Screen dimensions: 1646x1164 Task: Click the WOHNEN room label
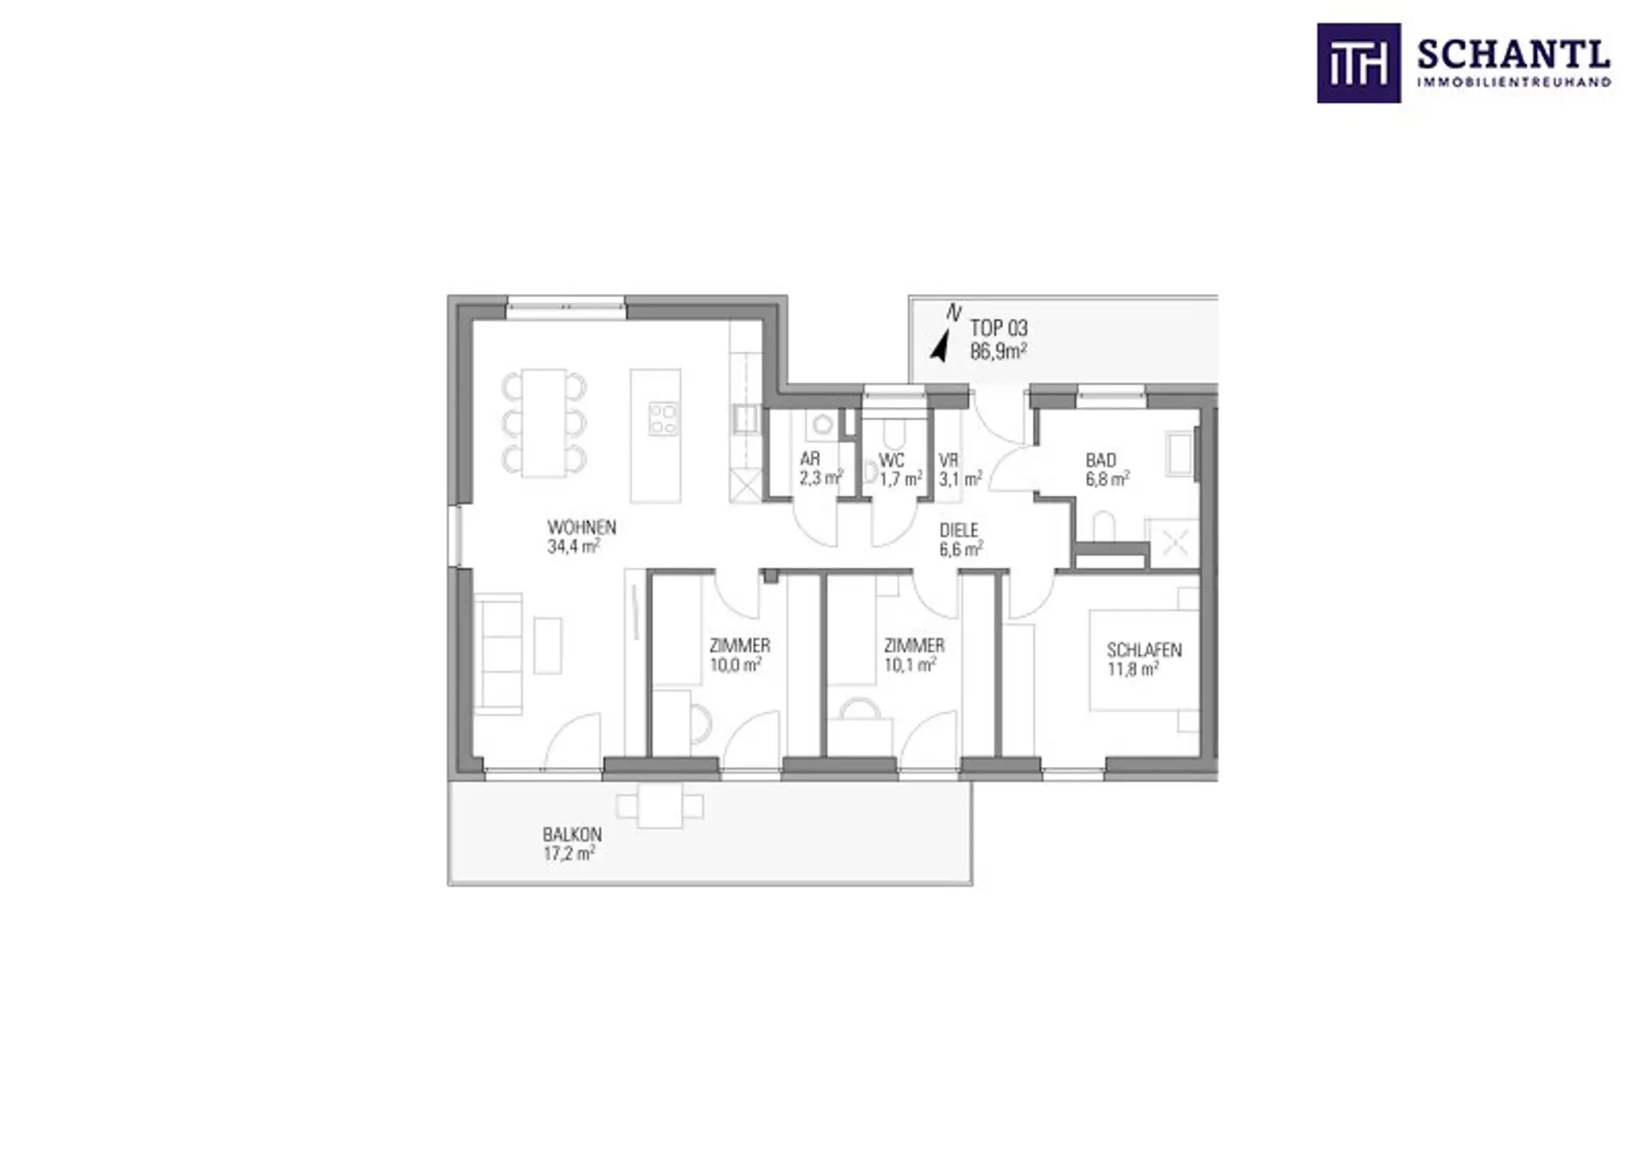(x=582, y=527)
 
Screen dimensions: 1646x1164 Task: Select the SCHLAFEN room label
(x=1144, y=651)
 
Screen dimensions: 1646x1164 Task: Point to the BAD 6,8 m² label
(x=1107, y=470)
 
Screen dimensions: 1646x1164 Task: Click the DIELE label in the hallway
(x=958, y=531)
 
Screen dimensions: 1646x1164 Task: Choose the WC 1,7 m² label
(x=900, y=470)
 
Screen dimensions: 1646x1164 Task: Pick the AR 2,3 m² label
(x=821, y=469)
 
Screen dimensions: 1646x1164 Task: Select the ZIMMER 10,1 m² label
(x=914, y=655)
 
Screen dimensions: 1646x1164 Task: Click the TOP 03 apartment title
(x=999, y=328)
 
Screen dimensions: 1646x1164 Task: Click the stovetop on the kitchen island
(x=664, y=419)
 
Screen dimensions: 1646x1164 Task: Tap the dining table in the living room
(x=544, y=423)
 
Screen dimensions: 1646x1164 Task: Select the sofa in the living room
(x=498, y=654)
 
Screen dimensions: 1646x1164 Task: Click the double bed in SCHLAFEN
(x=1144, y=660)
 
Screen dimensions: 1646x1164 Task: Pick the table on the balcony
(x=660, y=806)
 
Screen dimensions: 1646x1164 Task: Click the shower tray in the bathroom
(x=1174, y=543)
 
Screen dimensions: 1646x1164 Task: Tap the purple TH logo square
(x=1359, y=63)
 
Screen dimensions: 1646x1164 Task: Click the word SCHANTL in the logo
(x=1514, y=56)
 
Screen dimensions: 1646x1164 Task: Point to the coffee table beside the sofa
(x=549, y=645)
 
